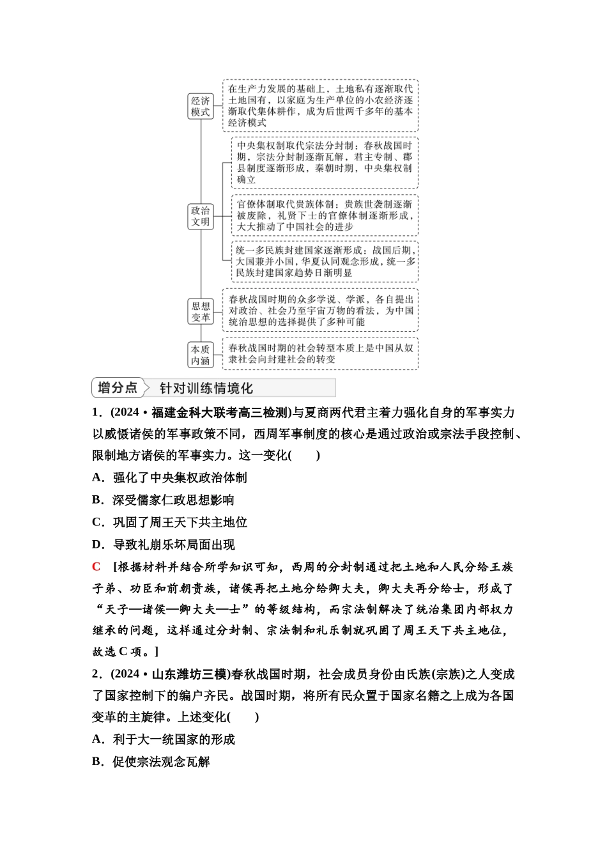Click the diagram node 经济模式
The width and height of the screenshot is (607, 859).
click(200, 106)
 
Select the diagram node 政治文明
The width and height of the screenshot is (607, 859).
click(200, 216)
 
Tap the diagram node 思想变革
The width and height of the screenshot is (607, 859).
click(200, 311)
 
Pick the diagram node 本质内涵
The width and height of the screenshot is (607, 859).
click(200, 355)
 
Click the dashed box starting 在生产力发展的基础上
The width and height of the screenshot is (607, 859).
click(320, 105)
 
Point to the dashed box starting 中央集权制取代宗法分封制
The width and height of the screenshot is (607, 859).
click(324, 162)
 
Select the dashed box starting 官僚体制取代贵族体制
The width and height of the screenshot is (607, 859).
click(324, 215)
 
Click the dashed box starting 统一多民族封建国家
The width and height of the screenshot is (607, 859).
click(324, 261)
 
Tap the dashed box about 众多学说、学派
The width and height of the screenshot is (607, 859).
click(320, 310)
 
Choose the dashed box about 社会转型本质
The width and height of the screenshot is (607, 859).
click(320, 353)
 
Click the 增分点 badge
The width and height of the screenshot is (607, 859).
click(118, 387)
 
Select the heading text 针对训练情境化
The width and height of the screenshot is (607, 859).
click(206, 388)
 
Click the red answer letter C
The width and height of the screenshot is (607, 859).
click(96, 566)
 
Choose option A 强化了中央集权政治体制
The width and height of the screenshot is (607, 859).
click(169, 477)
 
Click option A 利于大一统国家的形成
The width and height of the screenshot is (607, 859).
click(164, 739)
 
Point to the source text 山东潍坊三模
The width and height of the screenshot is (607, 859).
click(189, 674)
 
